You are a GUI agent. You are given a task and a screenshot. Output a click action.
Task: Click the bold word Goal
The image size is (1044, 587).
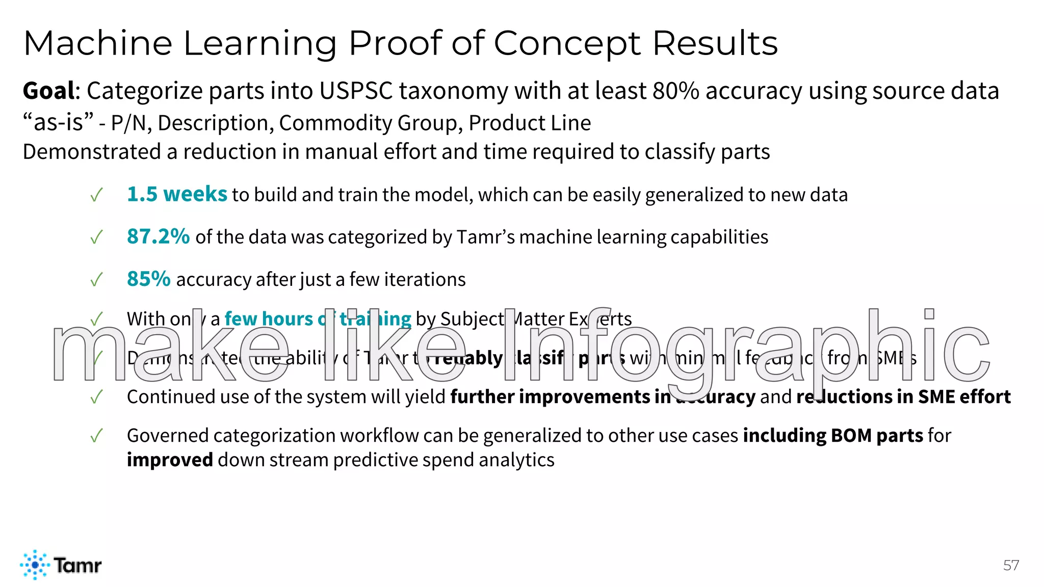click(49, 91)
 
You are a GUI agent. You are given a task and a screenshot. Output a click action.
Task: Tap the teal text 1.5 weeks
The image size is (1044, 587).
click(177, 194)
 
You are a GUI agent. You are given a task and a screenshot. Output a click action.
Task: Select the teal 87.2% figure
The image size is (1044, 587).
click(158, 236)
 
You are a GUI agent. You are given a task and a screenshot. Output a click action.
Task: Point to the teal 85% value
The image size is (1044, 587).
click(148, 279)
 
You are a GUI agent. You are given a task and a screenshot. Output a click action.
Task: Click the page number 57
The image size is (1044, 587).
click(1011, 565)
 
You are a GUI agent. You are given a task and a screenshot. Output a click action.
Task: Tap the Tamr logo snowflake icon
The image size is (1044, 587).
click(35, 565)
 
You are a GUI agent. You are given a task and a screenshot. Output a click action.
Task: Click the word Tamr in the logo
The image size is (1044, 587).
click(77, 565)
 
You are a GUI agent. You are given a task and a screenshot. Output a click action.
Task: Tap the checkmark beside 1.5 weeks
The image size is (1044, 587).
click(96, 195)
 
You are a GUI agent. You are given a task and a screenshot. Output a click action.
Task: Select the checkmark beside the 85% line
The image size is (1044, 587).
click(96, 279)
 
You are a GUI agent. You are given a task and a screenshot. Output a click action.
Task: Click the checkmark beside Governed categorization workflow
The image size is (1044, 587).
click(96, 436)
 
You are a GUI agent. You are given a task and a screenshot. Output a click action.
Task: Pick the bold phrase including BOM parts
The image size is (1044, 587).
click(833, 436)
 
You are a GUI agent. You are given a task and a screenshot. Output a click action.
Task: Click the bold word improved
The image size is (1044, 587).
click(170, 460)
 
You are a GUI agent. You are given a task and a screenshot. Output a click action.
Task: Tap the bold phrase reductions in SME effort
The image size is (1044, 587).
click(903, 396)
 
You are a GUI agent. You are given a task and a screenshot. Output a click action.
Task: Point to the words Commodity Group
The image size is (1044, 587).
click(371, 123)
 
